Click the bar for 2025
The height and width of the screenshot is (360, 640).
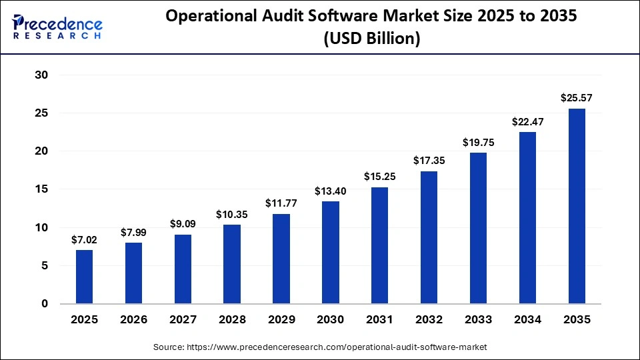(84, 277)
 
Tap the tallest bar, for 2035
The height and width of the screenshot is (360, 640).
(577, 206)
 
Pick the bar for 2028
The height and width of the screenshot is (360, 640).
(232, 264)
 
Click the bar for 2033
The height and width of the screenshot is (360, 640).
(478, 228)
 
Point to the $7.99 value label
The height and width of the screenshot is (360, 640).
(133, 232)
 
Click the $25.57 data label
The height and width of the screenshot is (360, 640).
(577, 98)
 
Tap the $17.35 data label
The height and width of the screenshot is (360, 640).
(429, 161)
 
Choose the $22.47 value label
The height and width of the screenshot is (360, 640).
(527, 121)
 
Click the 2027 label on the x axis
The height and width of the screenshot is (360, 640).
(183, 319)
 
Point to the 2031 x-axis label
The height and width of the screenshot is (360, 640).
(380, 319)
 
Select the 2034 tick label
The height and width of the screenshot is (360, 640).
(527, 319)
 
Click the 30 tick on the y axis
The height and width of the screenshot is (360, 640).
(41, 75)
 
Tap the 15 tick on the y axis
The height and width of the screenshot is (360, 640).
(41, 189)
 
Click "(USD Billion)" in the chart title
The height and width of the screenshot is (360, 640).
(372, 39)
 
